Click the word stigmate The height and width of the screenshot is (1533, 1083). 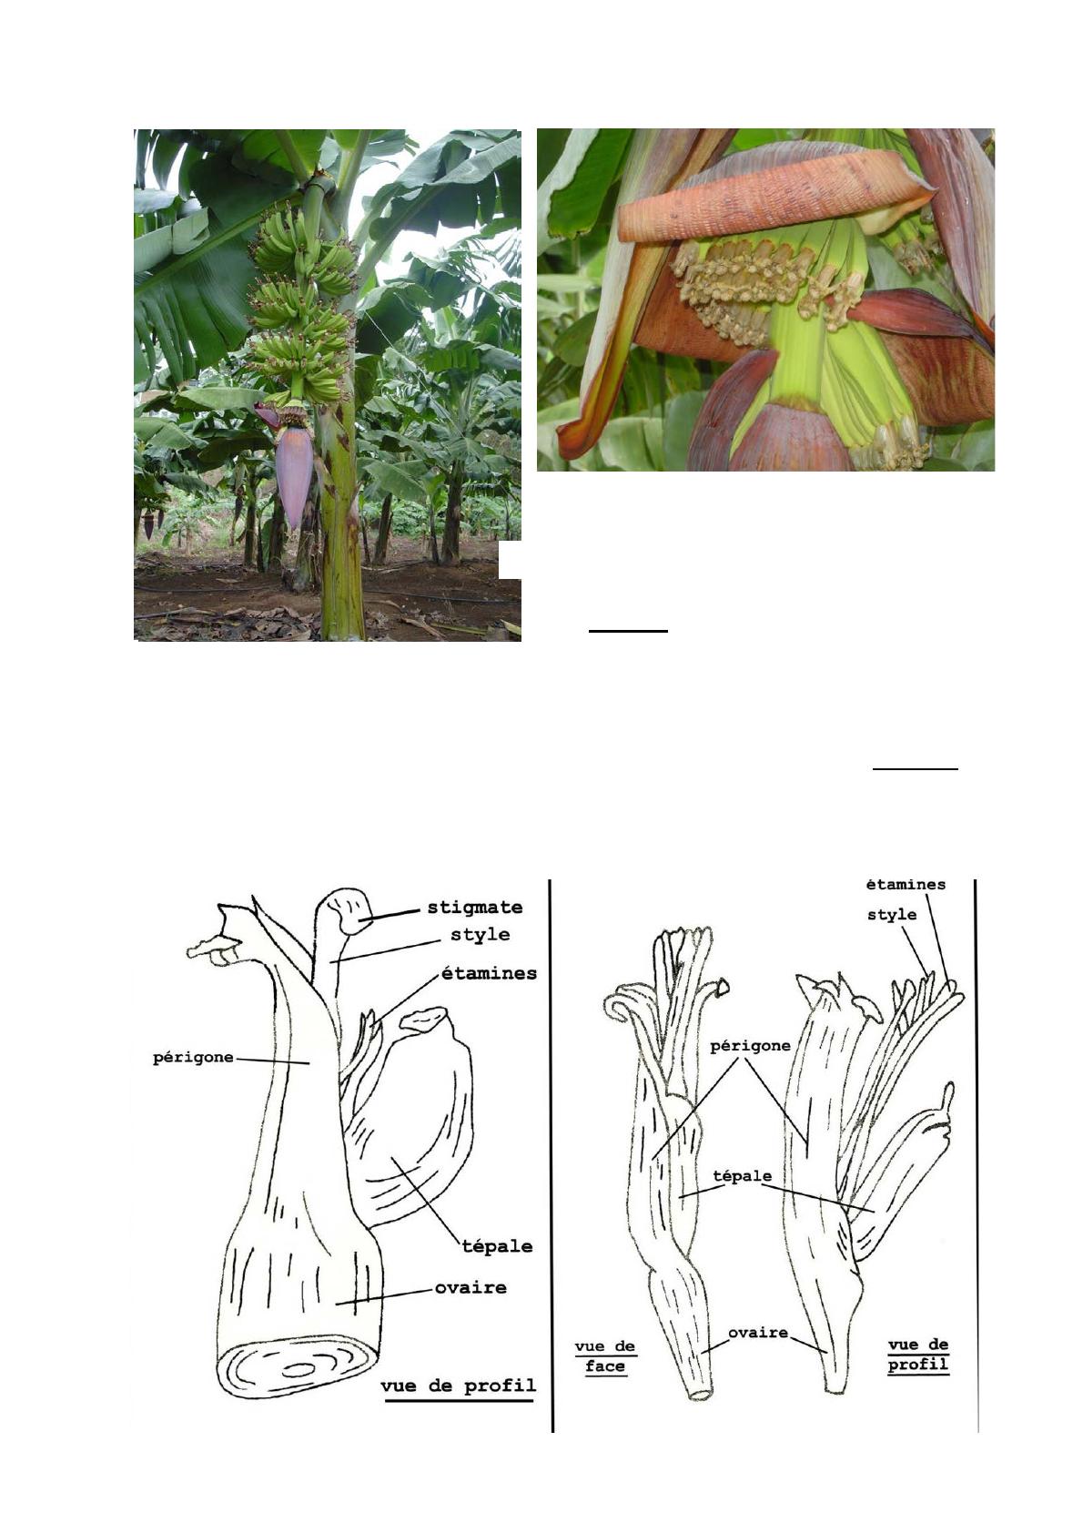[x=474, y=909]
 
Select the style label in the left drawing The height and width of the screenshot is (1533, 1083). [x=481, y=935]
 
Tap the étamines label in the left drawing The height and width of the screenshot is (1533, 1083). [x=489, y=973]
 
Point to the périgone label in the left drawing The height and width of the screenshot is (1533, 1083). [x=193, y=1058]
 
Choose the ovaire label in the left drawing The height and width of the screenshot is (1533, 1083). [x=471, y=1288]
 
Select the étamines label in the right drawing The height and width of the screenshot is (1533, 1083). [x=906, y=884]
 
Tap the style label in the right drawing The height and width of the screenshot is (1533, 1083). [x=892, y=915]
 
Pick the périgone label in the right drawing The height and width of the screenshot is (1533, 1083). [x=750, y=1046]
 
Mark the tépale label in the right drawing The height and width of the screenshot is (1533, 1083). [x=743, y=1176]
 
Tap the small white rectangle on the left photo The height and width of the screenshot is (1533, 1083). [x=510, y=560]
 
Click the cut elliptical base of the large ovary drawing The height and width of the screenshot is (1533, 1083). [x=299, y=1369]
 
